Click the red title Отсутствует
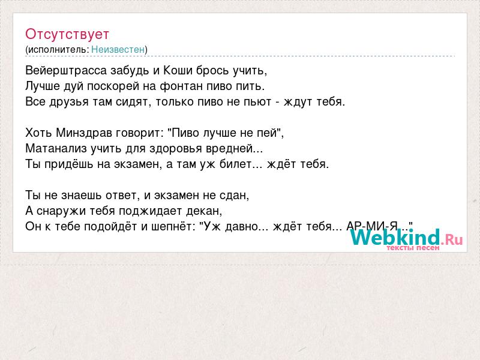point(67,34)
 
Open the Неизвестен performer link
point(118,49)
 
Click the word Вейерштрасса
point(66,71)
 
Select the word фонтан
point(182,86)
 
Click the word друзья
point(68,102)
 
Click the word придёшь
point(69,164)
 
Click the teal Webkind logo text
point(395,237)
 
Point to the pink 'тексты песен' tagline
point(413,248)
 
